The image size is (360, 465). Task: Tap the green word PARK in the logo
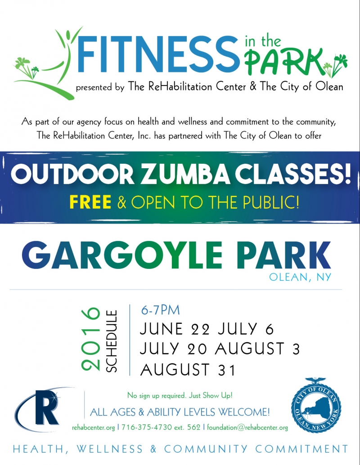pos(283,62)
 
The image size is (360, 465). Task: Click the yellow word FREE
pos(90,202)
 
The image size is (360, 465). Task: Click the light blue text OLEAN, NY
pos(300,277)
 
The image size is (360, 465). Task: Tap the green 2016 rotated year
pos(90,339)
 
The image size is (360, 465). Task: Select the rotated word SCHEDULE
pos(112,341)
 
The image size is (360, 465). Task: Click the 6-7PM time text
pos(160,310)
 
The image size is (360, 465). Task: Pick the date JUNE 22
pos(175,329)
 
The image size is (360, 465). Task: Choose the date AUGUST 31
pos(188,370)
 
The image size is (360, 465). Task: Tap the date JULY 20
pos(173,349)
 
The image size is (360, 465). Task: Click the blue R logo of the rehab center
pos(45,407)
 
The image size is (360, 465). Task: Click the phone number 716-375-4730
pos(147,427)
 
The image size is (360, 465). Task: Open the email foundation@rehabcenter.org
pos(247,427)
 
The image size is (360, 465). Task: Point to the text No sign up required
pos(157,395)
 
